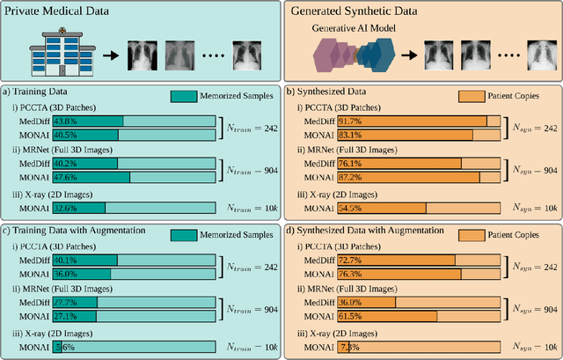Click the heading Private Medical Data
[x=61, y=10]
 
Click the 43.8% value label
[x=64, y=121]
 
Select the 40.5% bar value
[x=64, y=135]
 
